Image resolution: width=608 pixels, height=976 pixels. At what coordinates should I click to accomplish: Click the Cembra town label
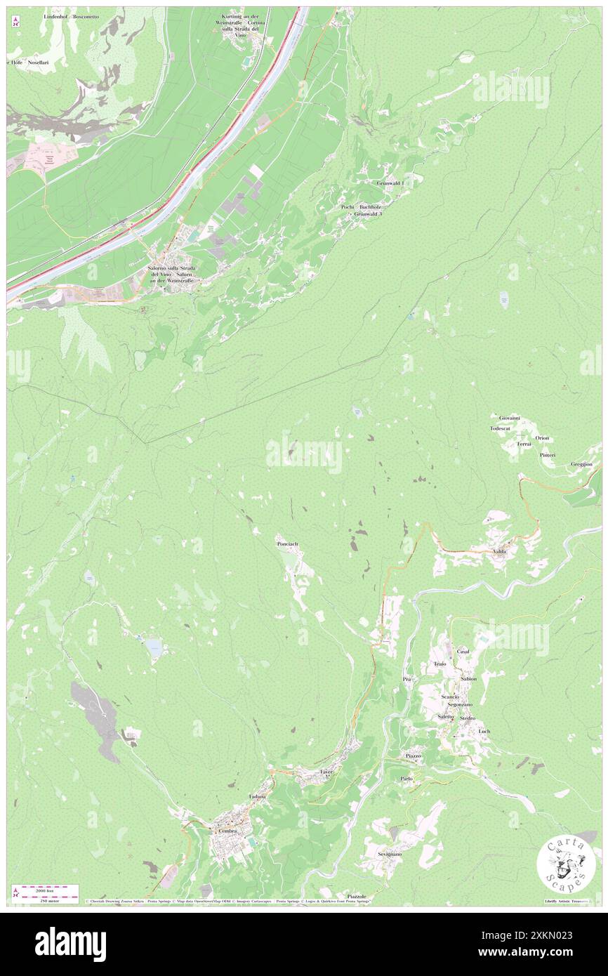point(227,831)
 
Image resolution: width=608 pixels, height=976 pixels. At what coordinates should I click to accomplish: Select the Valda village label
point(499,552)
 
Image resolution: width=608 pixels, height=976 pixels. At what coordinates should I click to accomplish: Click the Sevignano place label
point(389,854)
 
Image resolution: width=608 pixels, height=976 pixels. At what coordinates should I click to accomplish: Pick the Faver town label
point(325,771)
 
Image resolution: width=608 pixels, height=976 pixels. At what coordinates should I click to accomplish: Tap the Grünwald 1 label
point(390,183)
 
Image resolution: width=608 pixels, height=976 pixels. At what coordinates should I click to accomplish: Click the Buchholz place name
point(372,207)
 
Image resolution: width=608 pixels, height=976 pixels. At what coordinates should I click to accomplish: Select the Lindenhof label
point(57,15)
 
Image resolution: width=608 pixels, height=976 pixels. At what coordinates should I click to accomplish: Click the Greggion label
point(581,464)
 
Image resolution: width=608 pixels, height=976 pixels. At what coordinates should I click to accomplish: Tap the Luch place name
point(484,731)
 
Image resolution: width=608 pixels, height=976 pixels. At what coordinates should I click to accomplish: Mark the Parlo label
point(407,779)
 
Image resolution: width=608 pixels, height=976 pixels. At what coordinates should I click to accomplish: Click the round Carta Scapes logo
point(561,864)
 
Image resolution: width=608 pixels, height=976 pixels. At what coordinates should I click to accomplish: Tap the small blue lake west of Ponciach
point(154,647)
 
